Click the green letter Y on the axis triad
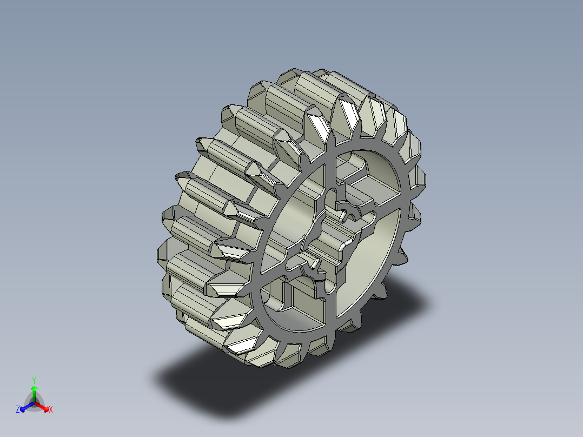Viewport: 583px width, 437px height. pos(34,380)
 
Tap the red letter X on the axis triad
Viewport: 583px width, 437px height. pos(51,409)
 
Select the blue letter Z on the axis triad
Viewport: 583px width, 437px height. pos(18,409)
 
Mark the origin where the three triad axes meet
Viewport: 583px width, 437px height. pos(34,402)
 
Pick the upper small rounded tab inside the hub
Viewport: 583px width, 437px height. pos(343,216)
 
